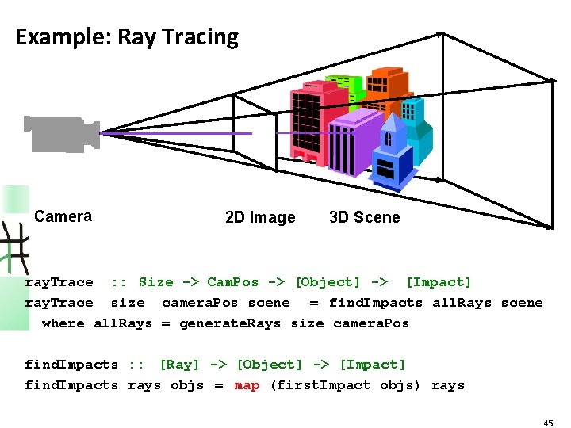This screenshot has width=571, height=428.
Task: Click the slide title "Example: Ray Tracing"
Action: pyautogui.click(x=127, y=37)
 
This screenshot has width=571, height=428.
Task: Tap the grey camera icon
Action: pyautogui.click(x=60, y=134)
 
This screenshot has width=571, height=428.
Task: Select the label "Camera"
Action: pyautogui.click(x=63, y=216)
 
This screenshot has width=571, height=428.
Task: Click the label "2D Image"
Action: pyautogui.click(x=260, y=217)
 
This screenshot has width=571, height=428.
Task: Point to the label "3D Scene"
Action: pyautogui.click(x=365, y=217)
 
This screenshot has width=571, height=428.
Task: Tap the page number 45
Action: pyautogui.click(x=548, y=423)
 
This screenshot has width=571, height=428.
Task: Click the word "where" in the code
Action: pyautogui.click(x=63, y=323)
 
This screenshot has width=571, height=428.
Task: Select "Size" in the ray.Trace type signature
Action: pyautogui.click(x=155, y=282)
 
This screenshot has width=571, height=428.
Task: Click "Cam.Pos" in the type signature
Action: pyautogui.click(x=232, y=282)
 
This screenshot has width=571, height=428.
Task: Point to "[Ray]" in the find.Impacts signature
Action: pyautogui.click(x=179, y=365)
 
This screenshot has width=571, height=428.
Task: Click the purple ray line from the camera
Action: pyautogui.click(x=174, y=133)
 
